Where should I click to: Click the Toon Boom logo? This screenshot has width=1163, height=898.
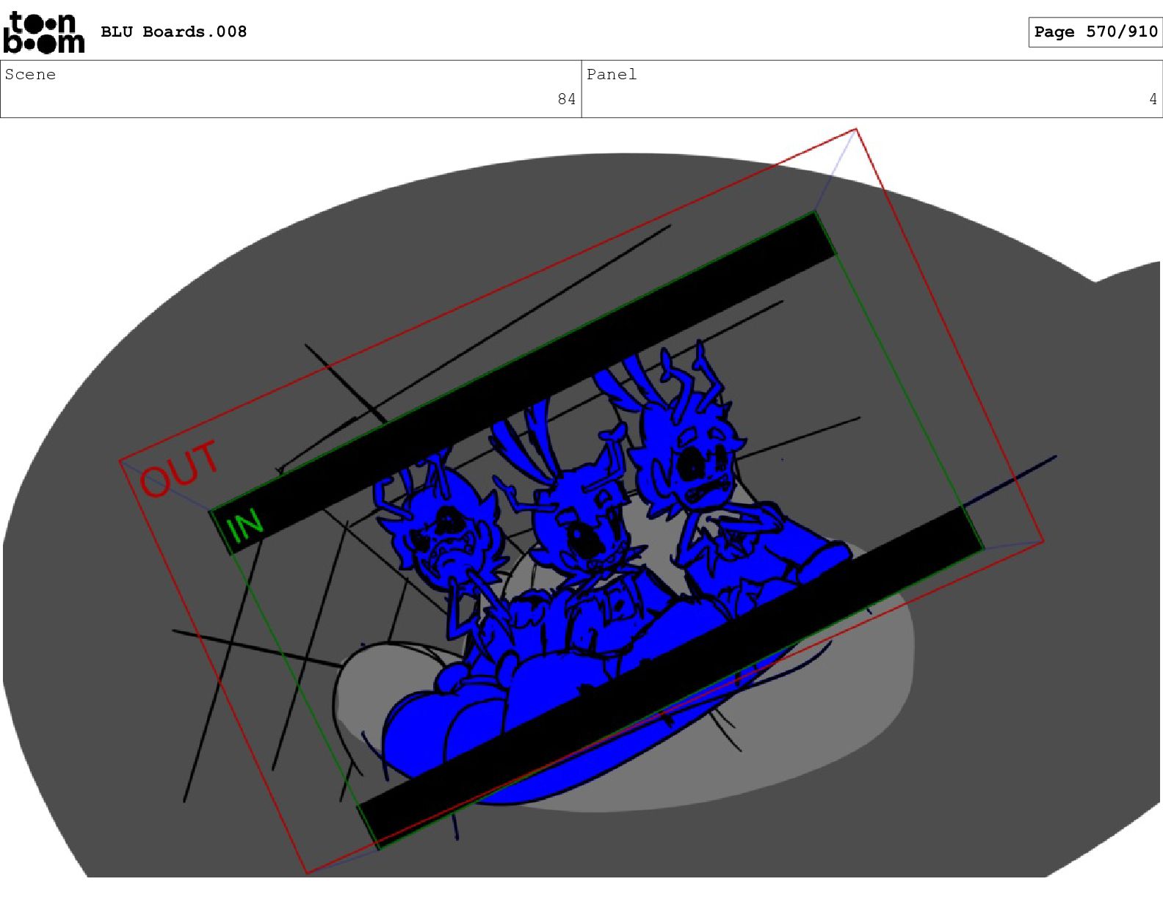(43, 32)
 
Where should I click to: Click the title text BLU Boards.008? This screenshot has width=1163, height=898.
(173, 32)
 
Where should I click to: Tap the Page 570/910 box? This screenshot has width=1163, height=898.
(1095, 32)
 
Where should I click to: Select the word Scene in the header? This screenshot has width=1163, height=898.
(30, 74)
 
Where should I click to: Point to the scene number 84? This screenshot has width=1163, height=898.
(566, 99)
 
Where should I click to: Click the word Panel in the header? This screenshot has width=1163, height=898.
(612, 74)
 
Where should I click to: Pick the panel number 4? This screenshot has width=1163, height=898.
(1153, 99)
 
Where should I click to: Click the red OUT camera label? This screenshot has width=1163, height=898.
(179, 469)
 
